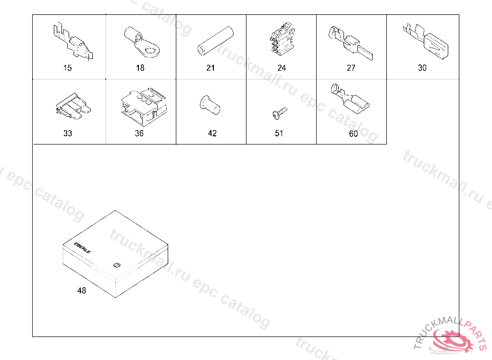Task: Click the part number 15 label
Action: [x=67, y=68]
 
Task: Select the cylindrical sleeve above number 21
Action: [x=215, y=41]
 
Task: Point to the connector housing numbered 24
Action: [x=282, y=39]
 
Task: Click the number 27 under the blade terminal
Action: [x=351, y=68]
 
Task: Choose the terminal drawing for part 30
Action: [x=426, y=41]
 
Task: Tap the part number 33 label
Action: [x=68, y=133]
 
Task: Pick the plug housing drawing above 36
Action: [x=144, y=107]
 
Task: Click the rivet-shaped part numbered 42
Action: [x=210, y=105]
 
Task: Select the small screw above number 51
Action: [x=280, y=113]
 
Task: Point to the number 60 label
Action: [x=353, y=134]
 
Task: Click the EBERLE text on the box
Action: [x=83, y=248]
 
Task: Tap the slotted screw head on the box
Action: [x=116, y=265]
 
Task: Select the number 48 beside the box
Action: [x=82, y=291]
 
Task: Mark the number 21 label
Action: [x=210, y=68]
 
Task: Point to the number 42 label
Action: [x=212, y=133]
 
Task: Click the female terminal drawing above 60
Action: [x=350, y=101]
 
